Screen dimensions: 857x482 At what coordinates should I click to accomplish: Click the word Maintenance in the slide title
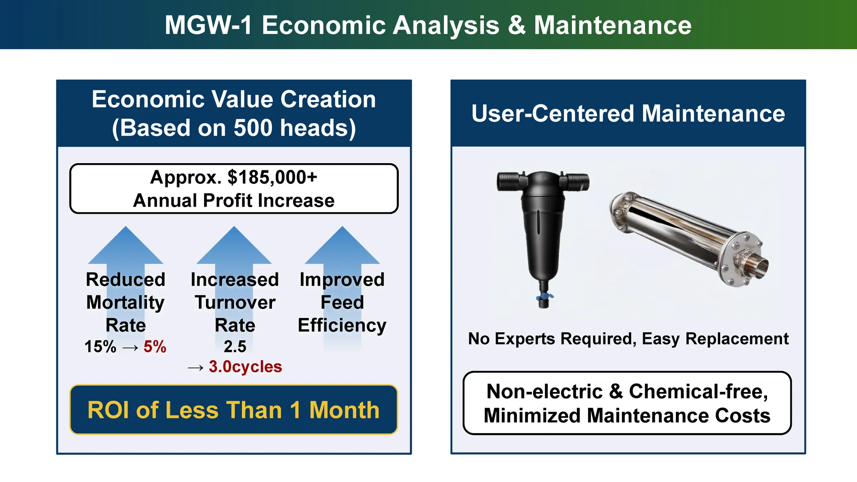[x=613, y=25]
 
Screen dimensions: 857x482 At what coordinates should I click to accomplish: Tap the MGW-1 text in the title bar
[x=208, y=25]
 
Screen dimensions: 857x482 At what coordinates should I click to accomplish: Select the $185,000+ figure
[x=272, y=177]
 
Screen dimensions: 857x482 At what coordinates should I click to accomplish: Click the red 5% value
[x=155, y=346]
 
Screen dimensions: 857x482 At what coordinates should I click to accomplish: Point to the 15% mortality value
[x=100, y=346]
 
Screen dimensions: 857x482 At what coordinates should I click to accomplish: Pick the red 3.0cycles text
[x=245, y=367]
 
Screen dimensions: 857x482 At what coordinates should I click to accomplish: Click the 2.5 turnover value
[x=235, y=346]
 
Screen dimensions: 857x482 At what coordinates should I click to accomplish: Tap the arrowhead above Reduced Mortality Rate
[x=126, y=245]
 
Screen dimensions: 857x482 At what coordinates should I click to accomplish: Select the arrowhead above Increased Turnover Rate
[x=234, y=245]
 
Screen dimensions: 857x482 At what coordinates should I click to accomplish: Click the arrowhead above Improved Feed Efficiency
[x=342, y=245]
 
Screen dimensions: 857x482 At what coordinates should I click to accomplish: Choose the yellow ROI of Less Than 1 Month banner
[x=233, y=410]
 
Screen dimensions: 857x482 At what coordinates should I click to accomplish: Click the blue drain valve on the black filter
[x=544, y=296]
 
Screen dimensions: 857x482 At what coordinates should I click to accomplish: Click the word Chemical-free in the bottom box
[x=698, y=392]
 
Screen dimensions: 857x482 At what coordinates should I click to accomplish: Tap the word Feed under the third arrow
[x=342, y=303]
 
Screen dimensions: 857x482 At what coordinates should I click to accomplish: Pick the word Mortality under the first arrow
[x=126, y=303]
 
